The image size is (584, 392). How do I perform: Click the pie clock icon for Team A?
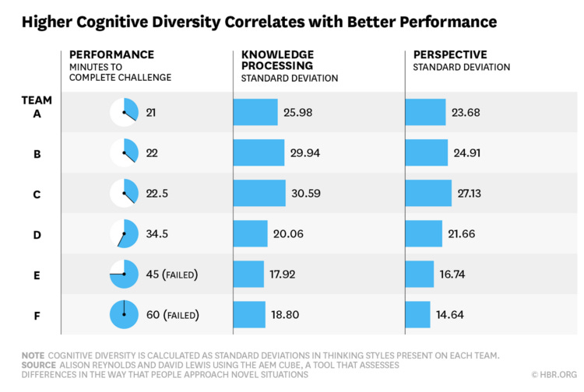124,113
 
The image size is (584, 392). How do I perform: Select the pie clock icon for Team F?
124,314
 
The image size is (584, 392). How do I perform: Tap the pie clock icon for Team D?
124,233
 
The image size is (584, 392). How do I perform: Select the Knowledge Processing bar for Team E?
249,274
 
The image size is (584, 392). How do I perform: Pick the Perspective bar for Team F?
418,314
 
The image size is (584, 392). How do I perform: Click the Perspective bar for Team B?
427,153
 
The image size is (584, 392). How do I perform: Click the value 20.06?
288,233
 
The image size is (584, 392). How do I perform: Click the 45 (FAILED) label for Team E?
171,274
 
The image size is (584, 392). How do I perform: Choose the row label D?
37,233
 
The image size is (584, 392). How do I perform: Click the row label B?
37,154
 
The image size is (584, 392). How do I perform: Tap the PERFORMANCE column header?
111,54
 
